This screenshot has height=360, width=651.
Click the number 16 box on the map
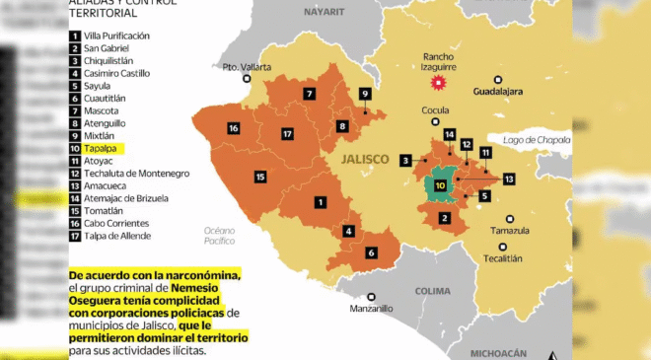click(x=233, y=128)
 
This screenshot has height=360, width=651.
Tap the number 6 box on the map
click(x=372, y=252)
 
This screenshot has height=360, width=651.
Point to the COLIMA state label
click(x=433, y=291)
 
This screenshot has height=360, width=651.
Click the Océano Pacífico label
click(x=212, y=234)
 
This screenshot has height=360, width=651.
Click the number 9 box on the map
click(x=365, y=94)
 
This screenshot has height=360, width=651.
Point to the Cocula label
click(x=435, y=110)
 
